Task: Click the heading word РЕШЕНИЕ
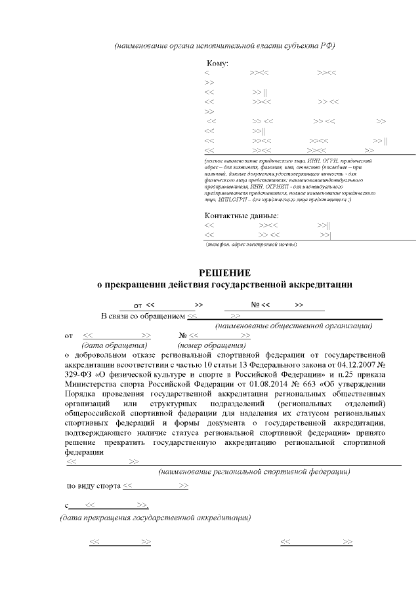(x=225, y=273)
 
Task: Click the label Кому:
(x=217, y=64)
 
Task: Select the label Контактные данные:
(x=241, y=216)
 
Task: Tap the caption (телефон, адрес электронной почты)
(x=251, y=244)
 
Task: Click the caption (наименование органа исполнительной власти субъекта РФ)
(x=224, y=45)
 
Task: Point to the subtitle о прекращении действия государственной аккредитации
(x=224, y=285)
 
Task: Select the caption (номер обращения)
(x=211, y=345)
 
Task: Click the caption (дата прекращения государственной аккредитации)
(x=155, y=518)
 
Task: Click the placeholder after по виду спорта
(x=156, y=486)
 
